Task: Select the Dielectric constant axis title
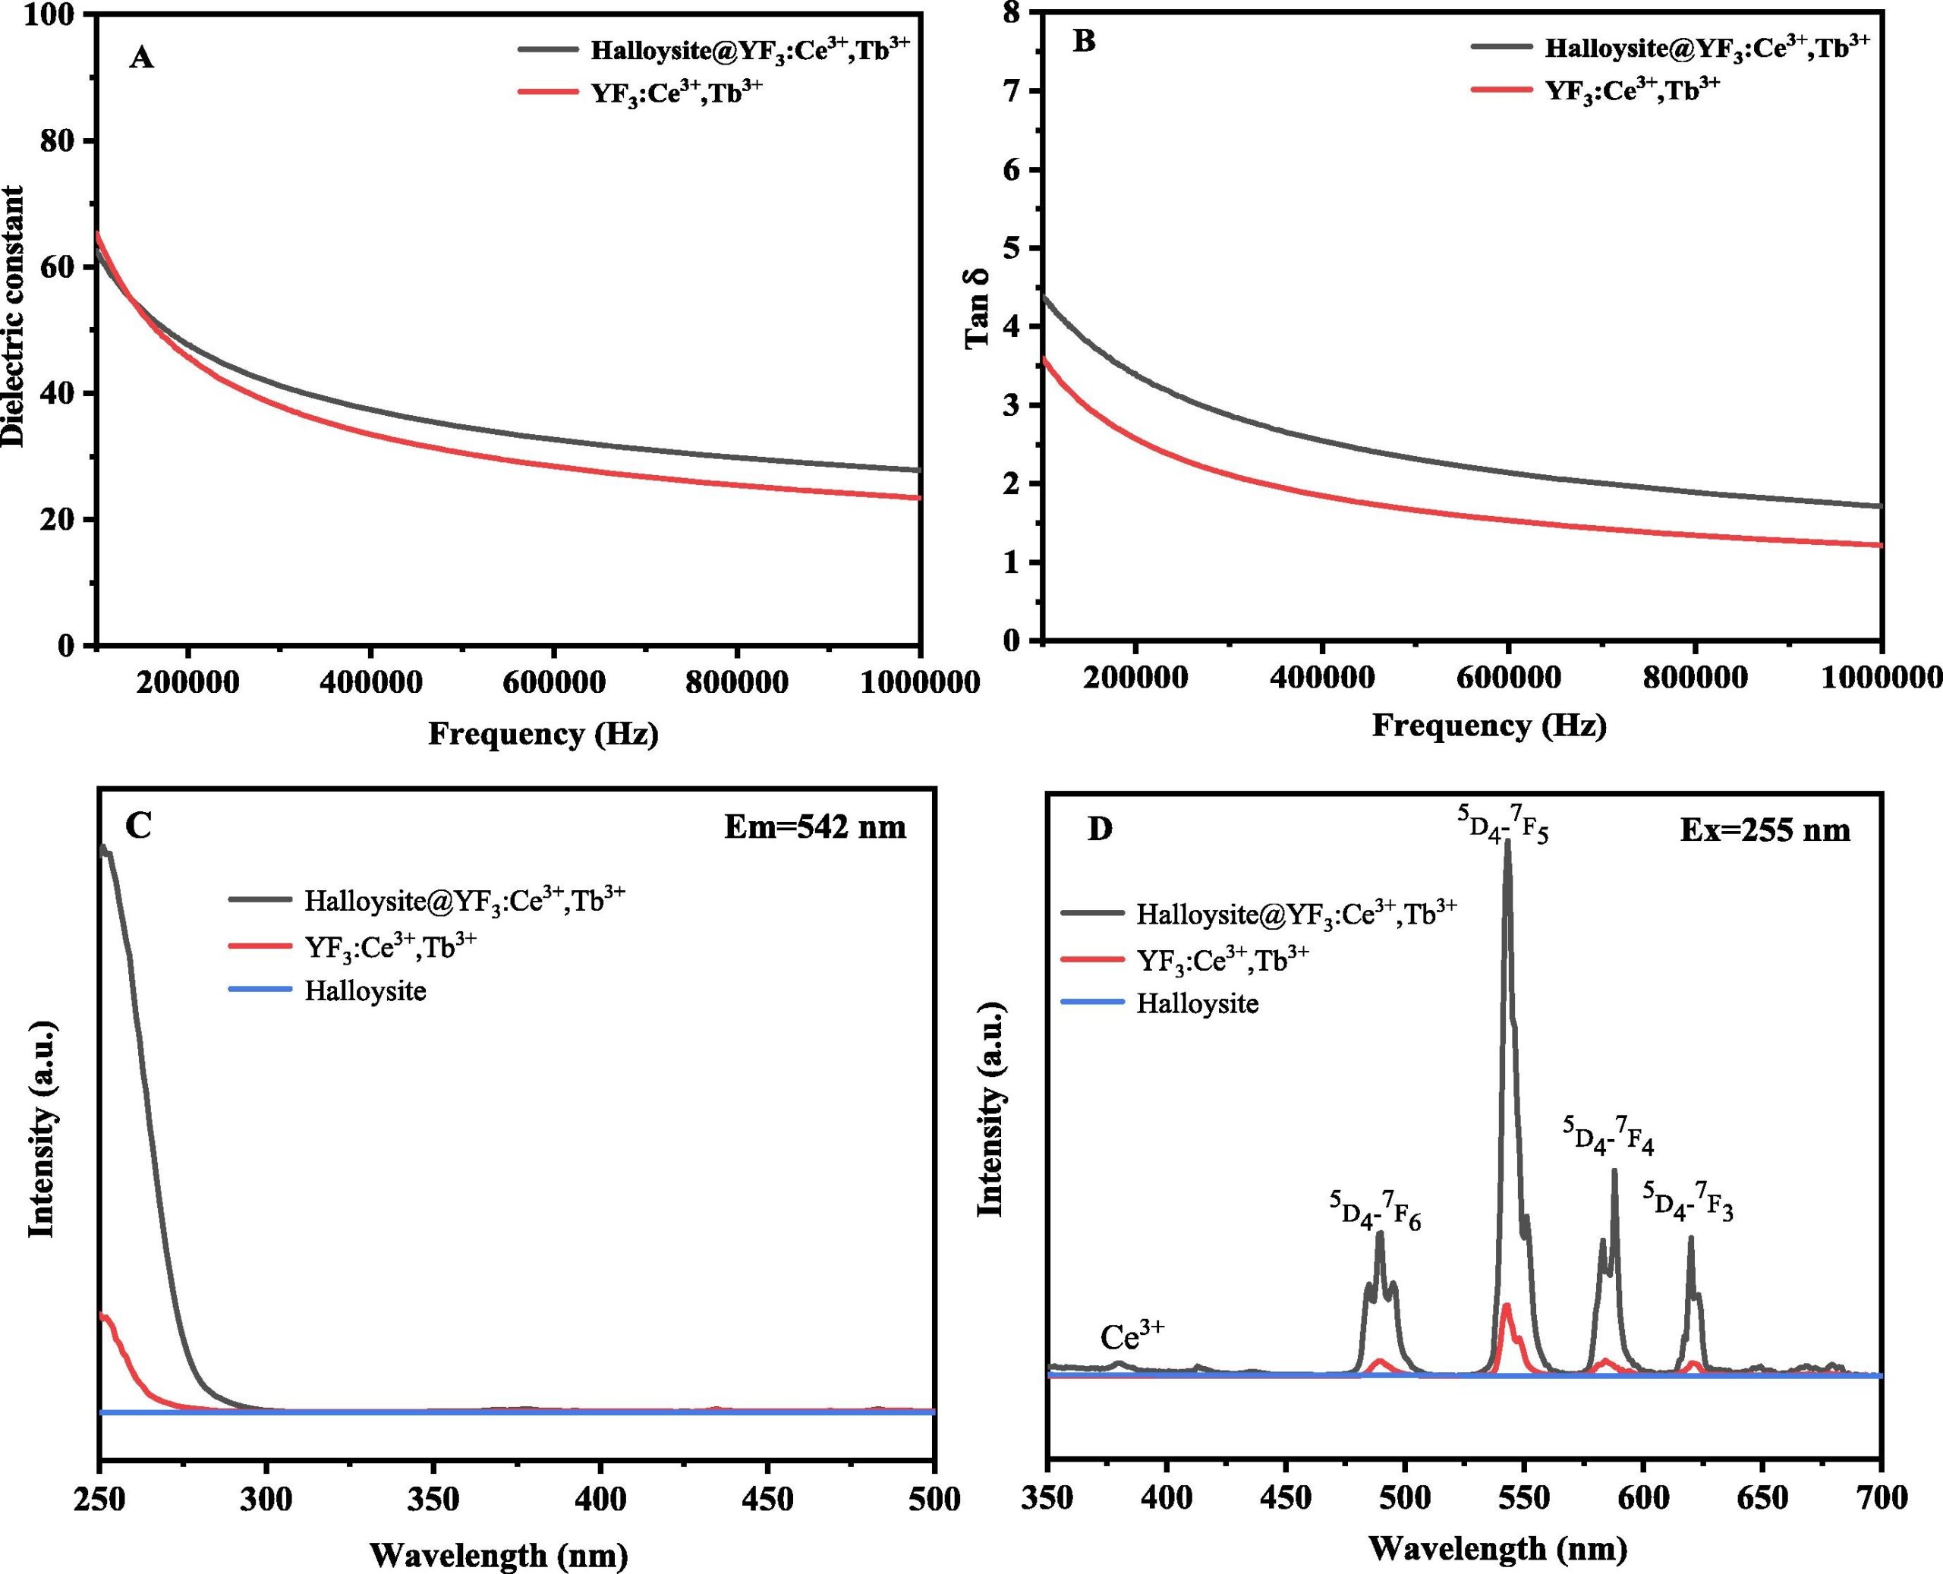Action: click(x=13, y=316)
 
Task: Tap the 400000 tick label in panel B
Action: click(x=1321, y=678)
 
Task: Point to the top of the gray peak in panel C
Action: click(x=103, y=848)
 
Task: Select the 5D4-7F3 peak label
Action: click(x=1687, y=1202)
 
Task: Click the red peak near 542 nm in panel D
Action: click(x=1506, y=1332)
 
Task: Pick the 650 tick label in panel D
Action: click(x=1762, y=1499)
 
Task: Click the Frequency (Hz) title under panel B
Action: click(x=1489, y=726)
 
